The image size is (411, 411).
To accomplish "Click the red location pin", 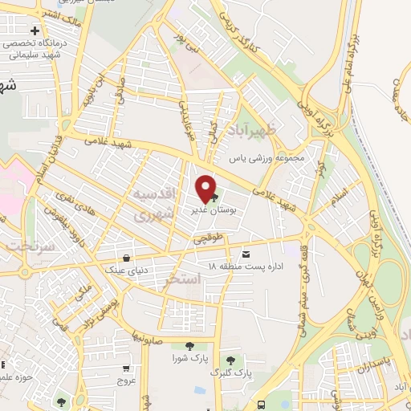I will [x=206, y=188].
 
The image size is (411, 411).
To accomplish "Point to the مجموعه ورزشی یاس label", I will [x=267, y=158].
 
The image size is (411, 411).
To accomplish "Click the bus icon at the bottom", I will [x=262, y=404].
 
